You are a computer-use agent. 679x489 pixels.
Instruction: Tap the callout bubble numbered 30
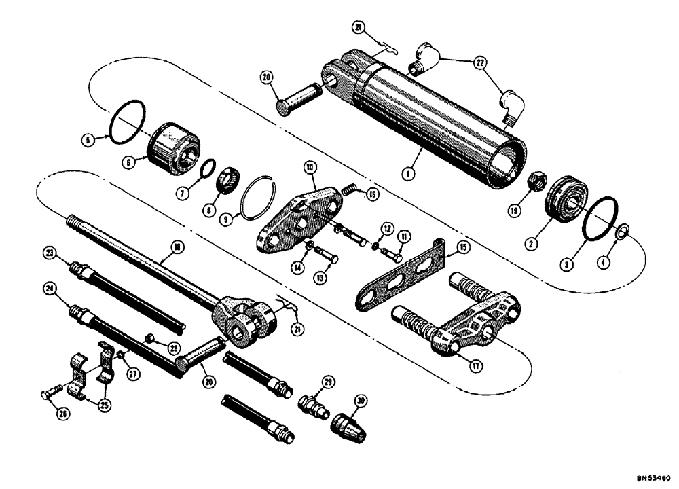[x=360, y=401]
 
